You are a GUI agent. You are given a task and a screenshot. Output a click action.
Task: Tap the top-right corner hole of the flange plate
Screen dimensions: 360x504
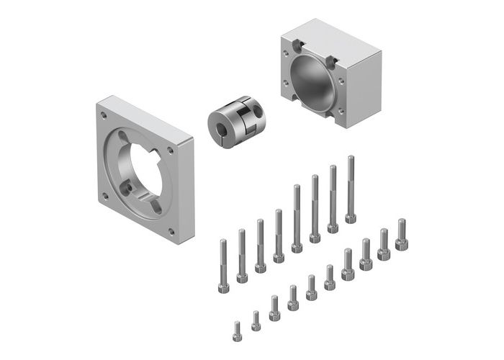click(170, 150)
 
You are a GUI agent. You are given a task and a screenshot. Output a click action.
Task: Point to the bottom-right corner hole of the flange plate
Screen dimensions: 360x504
click(171, 231)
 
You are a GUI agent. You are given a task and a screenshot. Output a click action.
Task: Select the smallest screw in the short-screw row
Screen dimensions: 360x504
click(237, 330)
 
